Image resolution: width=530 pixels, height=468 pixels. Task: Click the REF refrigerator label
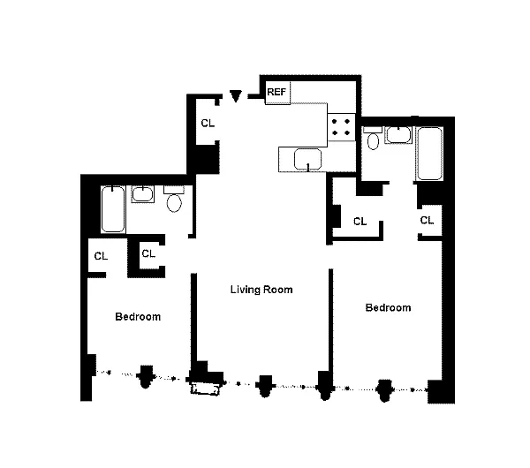276,92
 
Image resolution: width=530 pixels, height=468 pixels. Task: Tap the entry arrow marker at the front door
236,95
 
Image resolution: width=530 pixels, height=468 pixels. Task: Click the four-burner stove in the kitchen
341,127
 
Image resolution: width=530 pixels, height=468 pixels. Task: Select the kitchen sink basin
307,159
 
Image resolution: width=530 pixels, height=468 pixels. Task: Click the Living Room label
261,290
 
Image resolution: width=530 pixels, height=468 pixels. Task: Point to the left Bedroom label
138,317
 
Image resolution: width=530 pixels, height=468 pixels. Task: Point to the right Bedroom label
388,307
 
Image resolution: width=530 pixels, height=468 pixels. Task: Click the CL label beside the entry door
208,124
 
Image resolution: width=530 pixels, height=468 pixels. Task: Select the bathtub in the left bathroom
113,209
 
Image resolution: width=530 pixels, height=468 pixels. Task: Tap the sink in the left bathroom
142,194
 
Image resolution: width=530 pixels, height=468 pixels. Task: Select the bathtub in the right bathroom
429,154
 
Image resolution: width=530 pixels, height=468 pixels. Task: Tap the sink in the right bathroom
398,135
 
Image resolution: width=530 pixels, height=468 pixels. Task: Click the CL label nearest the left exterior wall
101,256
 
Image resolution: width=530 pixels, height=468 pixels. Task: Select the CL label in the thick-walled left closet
148,253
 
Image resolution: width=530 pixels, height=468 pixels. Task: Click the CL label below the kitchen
360,222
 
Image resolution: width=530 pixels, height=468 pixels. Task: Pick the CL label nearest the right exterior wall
427,221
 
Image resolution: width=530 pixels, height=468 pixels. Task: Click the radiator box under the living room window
205,389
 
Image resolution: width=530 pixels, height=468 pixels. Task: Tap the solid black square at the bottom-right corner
441,391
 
